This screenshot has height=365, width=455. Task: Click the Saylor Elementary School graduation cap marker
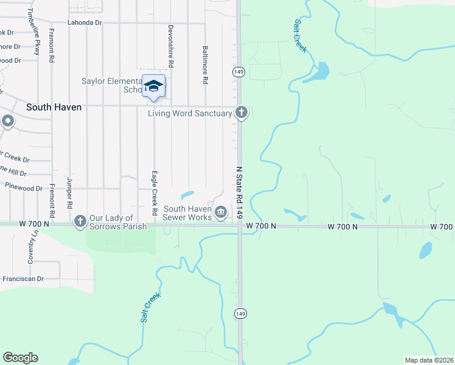click(153, 86)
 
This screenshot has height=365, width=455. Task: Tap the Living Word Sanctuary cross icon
click(241, 113)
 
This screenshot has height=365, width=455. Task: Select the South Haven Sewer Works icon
click(221, 212)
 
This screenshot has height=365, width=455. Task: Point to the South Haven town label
click(54, 106)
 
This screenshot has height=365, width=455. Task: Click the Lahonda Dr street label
click(85, 23)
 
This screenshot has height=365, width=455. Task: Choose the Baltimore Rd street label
click(206, 64)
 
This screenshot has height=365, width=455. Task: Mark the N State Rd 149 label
click(240, 192)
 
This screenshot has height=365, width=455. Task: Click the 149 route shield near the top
click(238, 72)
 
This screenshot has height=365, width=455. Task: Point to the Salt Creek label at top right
click(299, 35)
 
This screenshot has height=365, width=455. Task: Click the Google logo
click(20, 358)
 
